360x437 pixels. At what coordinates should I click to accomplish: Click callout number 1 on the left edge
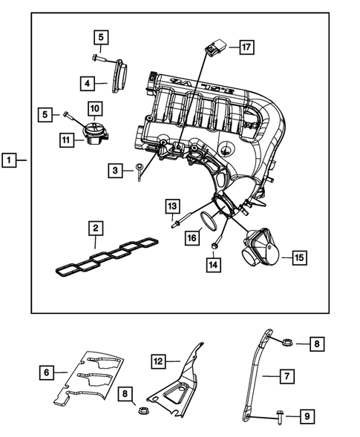tap(10, 160)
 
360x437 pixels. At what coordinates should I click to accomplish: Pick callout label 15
tap(298, 257)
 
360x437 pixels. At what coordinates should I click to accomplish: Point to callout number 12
tap(157, 361)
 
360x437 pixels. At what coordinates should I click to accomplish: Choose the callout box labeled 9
tap(304, 418)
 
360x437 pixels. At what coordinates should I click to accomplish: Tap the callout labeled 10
tap(94, 110)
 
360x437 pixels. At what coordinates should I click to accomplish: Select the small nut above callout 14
tap(214, 245)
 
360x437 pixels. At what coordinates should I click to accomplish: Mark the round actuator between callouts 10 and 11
tap(94, 133)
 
